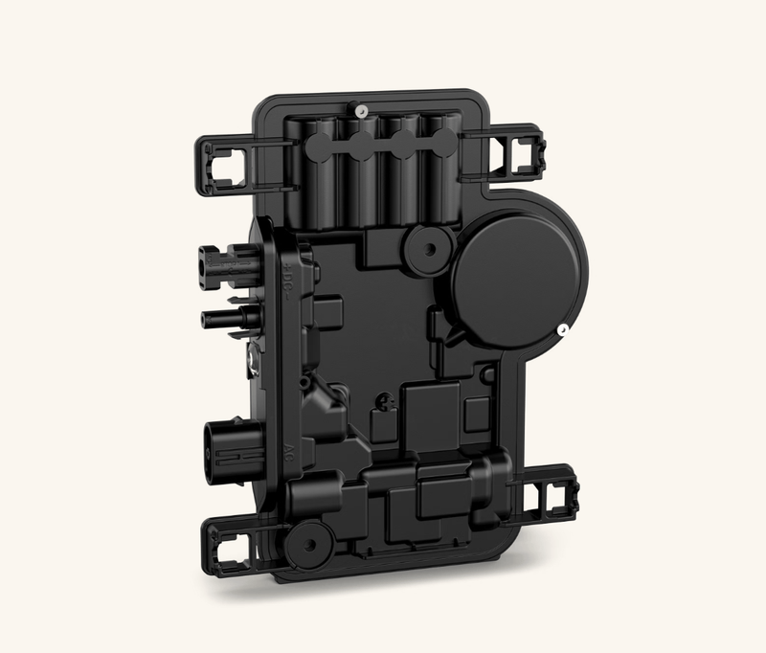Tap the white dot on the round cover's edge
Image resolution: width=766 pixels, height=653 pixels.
563,331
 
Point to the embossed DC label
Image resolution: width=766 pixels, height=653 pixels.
291,281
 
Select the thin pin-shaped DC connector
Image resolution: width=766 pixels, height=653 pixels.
226,316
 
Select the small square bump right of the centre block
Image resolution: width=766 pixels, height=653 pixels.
474,413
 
